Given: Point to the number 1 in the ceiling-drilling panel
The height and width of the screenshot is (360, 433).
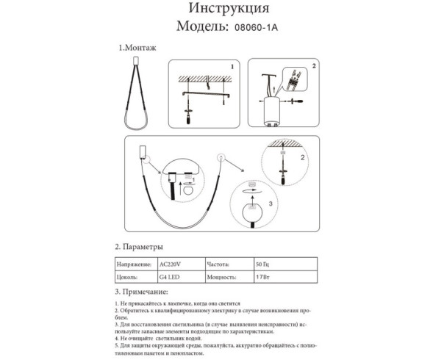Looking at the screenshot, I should click(232, 66).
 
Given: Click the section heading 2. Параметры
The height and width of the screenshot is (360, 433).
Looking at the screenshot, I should click(139, 246).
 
